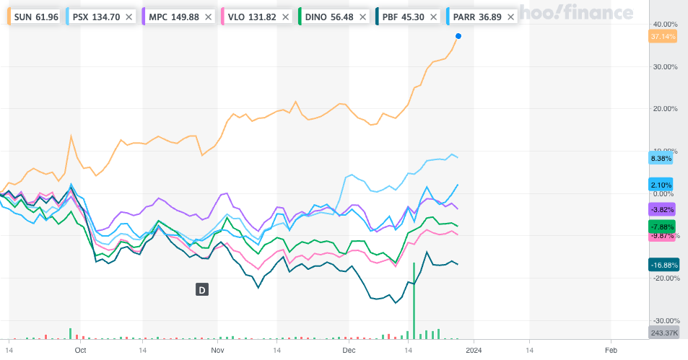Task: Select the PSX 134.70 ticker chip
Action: point(94,16)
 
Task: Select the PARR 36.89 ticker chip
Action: point(476,16)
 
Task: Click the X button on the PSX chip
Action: point(129,16)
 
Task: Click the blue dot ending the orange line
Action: point(458,36)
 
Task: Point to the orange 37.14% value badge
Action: point(662,36)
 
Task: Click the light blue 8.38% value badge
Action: point(661,158)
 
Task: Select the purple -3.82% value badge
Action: point(662,209)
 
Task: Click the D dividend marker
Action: point(202,290)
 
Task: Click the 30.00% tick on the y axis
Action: point(664,66)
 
